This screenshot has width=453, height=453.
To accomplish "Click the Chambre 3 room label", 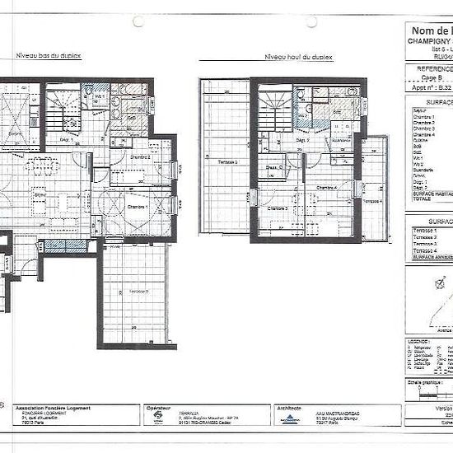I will click(276, 208).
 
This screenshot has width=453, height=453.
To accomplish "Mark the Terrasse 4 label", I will click(372, 201).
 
